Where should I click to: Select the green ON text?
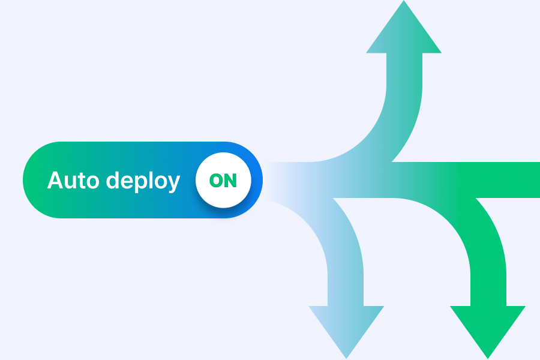tap(223, 181)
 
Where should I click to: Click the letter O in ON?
tap(216, 181)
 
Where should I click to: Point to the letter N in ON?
tap(230, 181)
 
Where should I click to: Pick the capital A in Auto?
tap(55, 181)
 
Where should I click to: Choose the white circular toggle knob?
tap(223, 181)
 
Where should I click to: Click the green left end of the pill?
tap(37, 180)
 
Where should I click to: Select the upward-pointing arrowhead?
tap(404, 33)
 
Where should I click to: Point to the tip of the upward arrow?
tap(404, 3)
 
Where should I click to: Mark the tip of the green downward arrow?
tap(488, 358)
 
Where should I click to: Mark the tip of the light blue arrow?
tap(346, 358)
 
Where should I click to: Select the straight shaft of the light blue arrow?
tap(346, 282)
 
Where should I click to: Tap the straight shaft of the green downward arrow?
tap(488, 282)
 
